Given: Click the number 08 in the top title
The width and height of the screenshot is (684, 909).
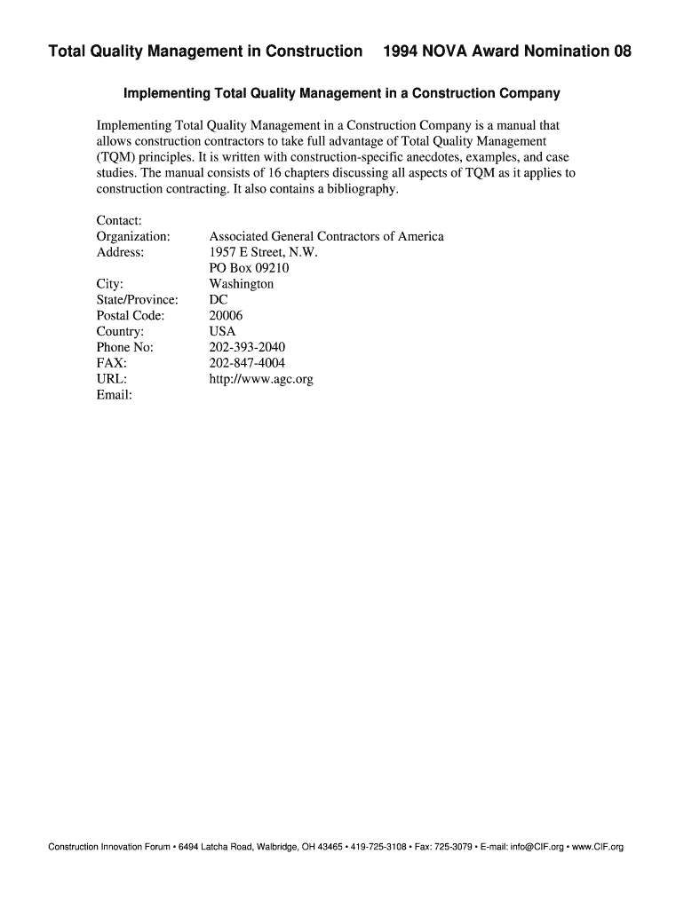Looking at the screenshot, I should pyautogui.click(x=621, y=51).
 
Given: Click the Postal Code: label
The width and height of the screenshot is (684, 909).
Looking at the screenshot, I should pyautogui.click(x=130, y=316).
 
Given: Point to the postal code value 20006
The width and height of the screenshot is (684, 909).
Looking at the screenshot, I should pyautogui.click(x=226, y=316).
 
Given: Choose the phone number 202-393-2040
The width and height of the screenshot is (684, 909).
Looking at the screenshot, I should pyautogui.click(x=247, y=347).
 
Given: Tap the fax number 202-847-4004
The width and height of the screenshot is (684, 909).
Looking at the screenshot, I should pyautogui.click(x=247, y=363).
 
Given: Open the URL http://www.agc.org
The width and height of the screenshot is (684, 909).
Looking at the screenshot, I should pyautogui.click(x=260, y=379).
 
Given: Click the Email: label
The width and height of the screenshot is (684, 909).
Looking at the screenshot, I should pyautogui.click(x=114, y=395).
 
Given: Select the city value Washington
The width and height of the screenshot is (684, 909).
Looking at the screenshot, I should pyautogui.click(x=241, y=284).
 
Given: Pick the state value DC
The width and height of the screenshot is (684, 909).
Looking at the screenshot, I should pyautogui.click(x=218, y=300).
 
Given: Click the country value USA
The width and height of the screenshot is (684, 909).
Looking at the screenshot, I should pyautogui.click(x=222, y=331).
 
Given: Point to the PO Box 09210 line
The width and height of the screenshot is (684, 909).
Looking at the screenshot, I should pyautogui.click(x=249, y=268).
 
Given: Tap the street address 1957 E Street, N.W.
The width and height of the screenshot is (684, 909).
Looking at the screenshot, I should pyautogui.click(x=263, y=252).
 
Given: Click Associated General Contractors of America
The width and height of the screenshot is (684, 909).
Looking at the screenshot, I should pyautogui.click(x=326, y=236).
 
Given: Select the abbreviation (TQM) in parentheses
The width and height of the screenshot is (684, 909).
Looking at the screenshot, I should pyautogui.click(x=117, y=157).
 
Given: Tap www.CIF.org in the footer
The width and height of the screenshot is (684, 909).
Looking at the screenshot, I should pyautogui.click(x=598, y=847).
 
